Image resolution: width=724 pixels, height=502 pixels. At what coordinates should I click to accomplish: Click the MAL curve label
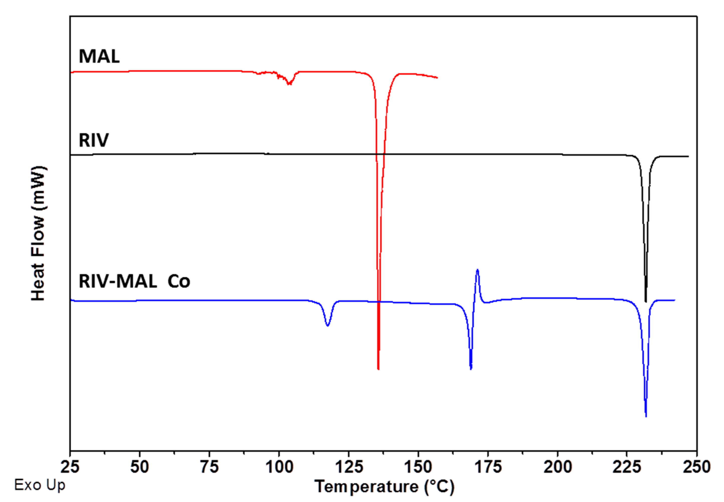point(99,57)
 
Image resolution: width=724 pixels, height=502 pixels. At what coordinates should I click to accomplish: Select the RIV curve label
point(94,140)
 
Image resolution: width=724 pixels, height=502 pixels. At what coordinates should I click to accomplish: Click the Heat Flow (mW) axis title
point(39,233)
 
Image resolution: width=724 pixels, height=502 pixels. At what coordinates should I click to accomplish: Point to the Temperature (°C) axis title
point(384,486)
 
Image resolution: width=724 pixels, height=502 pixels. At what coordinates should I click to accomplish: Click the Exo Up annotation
point(40,485)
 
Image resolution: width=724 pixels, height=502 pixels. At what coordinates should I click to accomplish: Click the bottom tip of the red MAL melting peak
point(378,369)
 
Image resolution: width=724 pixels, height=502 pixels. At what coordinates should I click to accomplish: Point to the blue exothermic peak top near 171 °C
point(478,270)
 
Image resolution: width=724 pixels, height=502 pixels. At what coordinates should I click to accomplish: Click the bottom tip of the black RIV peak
point(646,301)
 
